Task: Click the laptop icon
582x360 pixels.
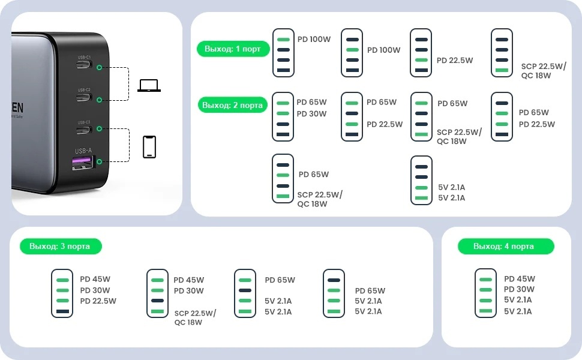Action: point(149,86)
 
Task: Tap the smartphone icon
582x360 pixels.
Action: point(149,147)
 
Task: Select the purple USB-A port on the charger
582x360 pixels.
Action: point(83,162)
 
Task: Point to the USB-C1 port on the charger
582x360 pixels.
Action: point(83,66)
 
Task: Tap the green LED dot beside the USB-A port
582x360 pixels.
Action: point(98,161)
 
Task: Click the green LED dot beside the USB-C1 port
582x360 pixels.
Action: point(98,68)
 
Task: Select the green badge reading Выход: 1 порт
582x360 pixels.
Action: point(232,49)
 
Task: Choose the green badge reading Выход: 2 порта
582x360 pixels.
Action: point(232,105)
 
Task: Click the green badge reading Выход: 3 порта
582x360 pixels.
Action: point(61,246)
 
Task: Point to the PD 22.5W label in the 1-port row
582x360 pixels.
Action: point(455,60)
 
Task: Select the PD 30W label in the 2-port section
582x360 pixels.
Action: point(312,114)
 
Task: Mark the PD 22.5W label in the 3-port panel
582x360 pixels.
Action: point(98,301)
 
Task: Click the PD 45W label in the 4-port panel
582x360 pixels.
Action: point(520,278)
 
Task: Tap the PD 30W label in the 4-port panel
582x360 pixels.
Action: point(520,289)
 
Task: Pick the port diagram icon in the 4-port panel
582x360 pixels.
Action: point(485,293)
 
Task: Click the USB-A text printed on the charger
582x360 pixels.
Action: point(83,151)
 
